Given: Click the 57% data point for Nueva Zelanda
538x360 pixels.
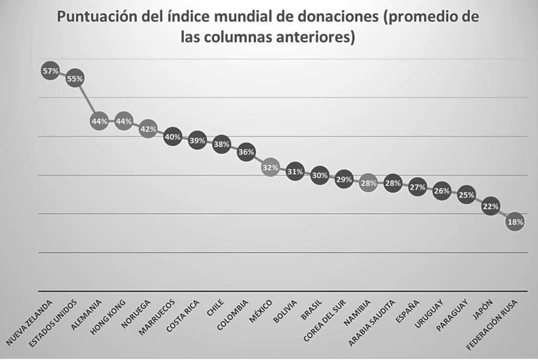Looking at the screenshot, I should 50,71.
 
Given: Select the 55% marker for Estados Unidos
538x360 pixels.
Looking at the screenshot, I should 75,79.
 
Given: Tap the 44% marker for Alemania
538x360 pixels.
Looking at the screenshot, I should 99,121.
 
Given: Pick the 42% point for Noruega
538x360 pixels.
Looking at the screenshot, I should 148,129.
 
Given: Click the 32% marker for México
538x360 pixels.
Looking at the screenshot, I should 270,168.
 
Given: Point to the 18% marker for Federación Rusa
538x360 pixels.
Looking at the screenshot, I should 515,222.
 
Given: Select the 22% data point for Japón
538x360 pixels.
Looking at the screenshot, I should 491,207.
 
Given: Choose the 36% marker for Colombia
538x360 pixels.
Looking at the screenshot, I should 246,152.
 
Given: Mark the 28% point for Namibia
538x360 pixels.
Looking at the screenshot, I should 368,183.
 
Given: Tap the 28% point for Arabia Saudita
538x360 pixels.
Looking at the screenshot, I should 392,183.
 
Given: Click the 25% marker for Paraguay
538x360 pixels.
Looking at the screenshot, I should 466,195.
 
